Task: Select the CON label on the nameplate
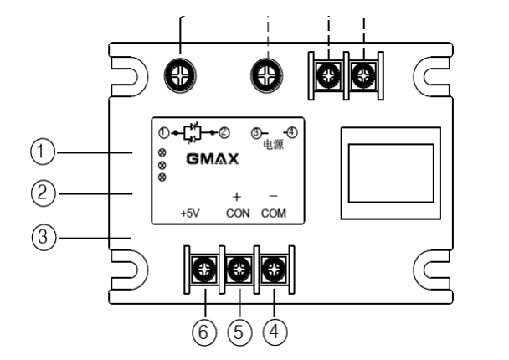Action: pyautogui.click(x=238, y=213)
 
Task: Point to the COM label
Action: pyautogui.click(x=272, y=213)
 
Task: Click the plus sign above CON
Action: pyautogui.click(x=237, y=196)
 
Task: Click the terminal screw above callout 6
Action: pyautogui.click(x=202, y=269)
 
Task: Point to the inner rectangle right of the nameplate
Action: pyautogui.click(x=391, y=172)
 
